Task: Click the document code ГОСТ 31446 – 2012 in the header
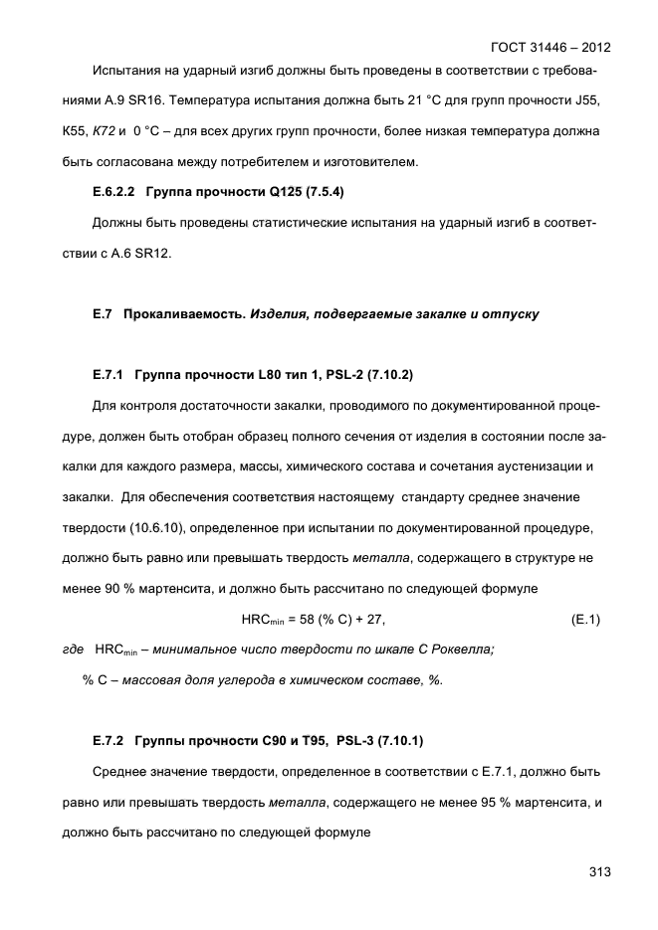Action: click(550, 48)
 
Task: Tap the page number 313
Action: click(598, 872)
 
